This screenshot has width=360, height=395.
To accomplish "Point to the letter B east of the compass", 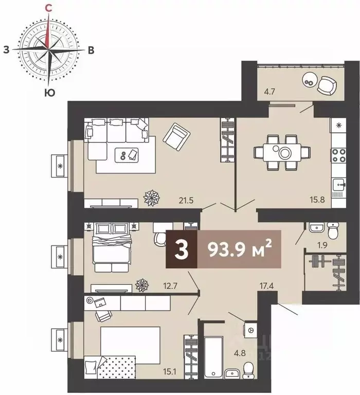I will (91, 50).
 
